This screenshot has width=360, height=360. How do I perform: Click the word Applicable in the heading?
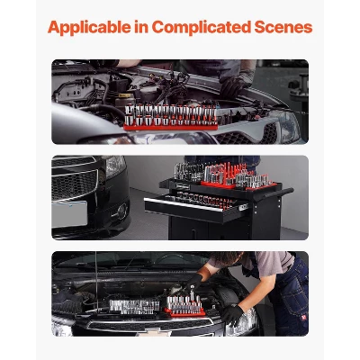pos(89,27)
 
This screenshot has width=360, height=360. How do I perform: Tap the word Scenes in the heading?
pos(280,27)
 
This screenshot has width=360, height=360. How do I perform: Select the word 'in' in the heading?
pos(139,27)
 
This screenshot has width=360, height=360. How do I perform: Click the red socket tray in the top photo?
pos(171,125)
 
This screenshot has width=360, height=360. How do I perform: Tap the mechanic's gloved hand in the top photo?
pos(236,85)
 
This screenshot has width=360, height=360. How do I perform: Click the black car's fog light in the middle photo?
pos(120,211)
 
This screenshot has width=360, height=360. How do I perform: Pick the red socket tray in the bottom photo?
pos(184,311)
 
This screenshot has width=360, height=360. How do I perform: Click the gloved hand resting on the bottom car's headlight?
pos(233,316)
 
